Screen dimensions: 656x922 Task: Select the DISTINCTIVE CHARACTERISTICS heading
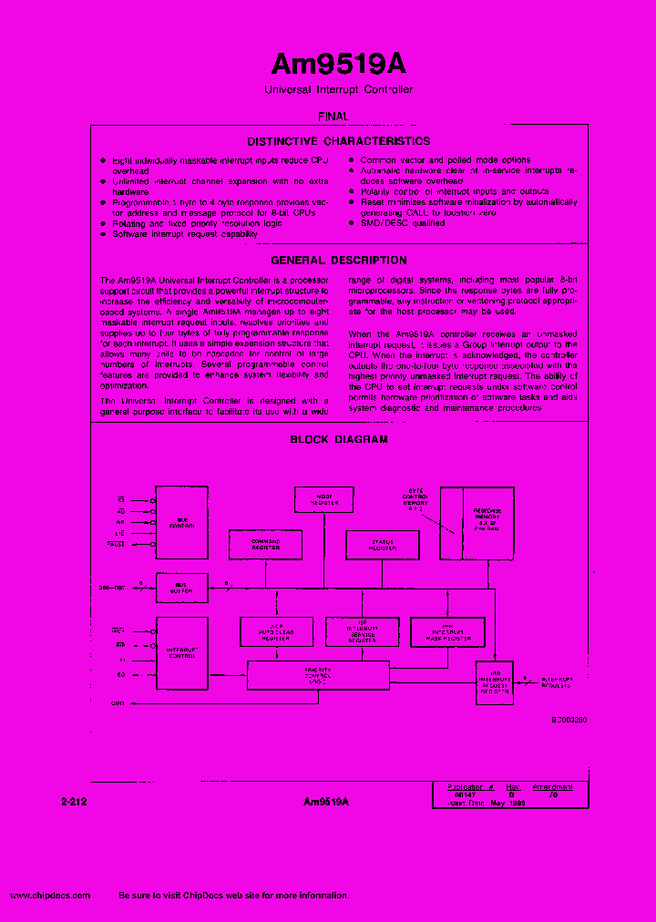point(338,141)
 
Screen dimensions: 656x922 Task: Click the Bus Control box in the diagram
point(181,521)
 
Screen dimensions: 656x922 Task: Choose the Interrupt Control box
point(181,652)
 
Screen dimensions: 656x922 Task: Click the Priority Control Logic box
point(316,675)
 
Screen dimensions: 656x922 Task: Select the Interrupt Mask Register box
point(446,631)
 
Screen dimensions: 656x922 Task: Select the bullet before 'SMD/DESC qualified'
point(351,223)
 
